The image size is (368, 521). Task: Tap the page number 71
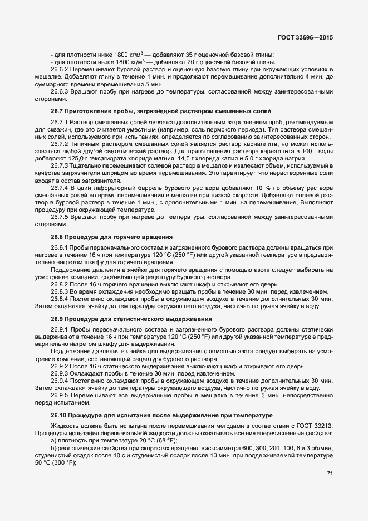tap(330, 473)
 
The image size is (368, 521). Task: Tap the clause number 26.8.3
tap(61, 291)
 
